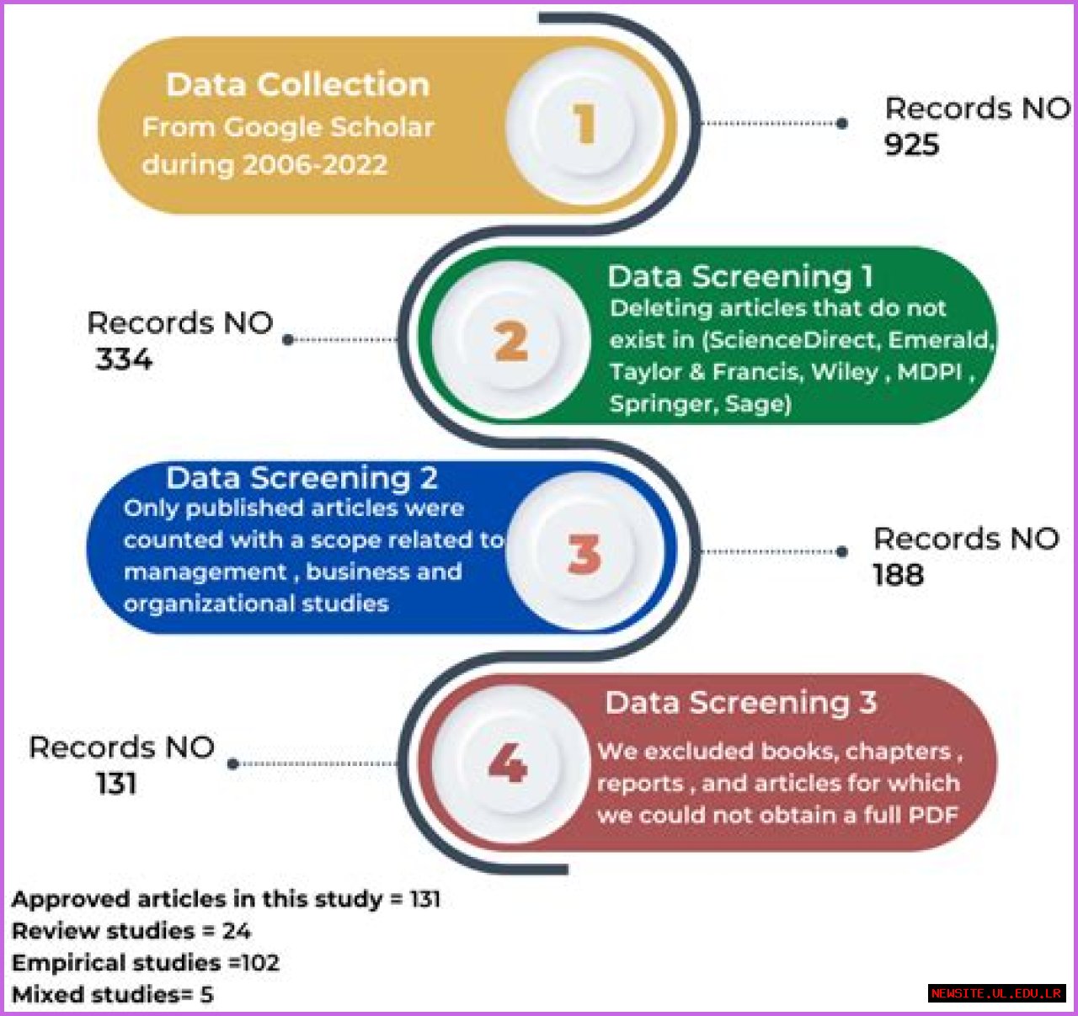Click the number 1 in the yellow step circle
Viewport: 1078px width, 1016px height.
584,124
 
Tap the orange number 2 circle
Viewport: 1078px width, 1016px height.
511,342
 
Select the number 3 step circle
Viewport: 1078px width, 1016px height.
584,554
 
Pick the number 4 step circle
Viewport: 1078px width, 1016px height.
508,763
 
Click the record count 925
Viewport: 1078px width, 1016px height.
911,145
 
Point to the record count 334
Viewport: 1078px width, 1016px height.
124,359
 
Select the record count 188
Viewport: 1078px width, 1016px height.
898,575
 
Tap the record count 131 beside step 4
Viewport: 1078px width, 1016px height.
116,784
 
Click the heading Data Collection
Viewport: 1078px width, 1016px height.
298,84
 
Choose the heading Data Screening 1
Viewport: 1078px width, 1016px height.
739,276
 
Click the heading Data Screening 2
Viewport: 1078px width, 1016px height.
302,477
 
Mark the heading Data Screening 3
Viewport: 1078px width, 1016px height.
740,702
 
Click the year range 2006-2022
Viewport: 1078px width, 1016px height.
314,164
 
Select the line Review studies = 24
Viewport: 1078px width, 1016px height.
131,930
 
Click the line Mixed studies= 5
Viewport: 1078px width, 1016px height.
113,994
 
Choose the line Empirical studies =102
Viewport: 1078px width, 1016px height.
146,962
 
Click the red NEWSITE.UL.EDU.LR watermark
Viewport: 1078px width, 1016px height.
996,993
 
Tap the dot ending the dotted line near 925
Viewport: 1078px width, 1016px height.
842,123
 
